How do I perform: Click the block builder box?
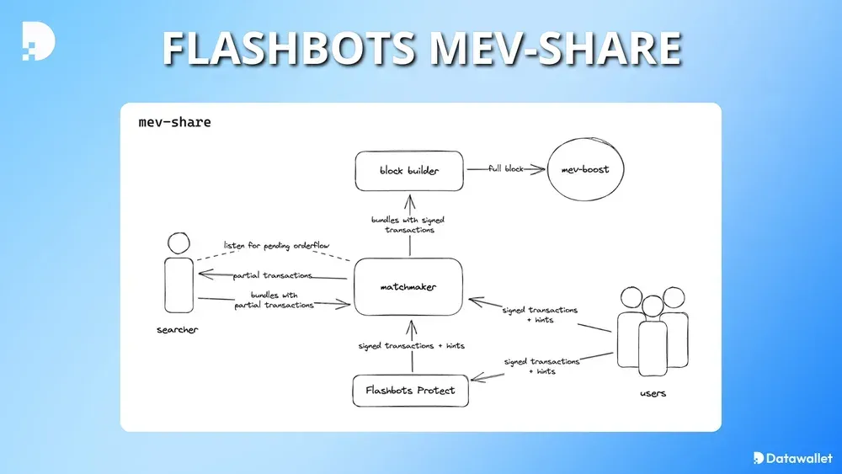pos(409,171)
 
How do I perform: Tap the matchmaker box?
pos(408,287)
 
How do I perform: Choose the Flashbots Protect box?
pos(410,391)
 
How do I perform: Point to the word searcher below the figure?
pos(177,330)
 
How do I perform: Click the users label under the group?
pos(653,393)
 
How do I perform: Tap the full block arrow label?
pos(506,169)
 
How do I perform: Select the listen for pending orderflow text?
pos(276,246)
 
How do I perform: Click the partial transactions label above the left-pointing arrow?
pos(272,275)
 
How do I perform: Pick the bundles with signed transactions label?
pos(408,225)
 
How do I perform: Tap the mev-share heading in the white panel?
pos(174,123)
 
